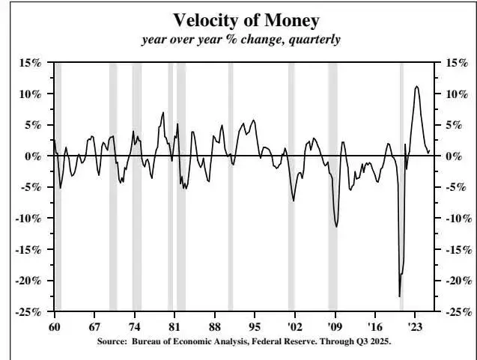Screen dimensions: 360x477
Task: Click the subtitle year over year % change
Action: [241, 39]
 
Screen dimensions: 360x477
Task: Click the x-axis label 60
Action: [54, 328]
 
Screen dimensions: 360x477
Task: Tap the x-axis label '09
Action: [335, 328]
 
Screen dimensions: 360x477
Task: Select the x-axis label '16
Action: [376, 328]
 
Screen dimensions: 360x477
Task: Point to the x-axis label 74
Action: [134, 328]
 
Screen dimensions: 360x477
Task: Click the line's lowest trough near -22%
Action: [400, 296]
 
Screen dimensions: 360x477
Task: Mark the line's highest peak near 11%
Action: [416, 86]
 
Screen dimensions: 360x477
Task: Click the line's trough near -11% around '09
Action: [336, 226]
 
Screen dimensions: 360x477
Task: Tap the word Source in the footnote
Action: [113, 341]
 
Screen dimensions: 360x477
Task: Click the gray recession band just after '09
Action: [332, 187]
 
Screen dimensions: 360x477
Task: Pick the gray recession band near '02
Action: [291, 187]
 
